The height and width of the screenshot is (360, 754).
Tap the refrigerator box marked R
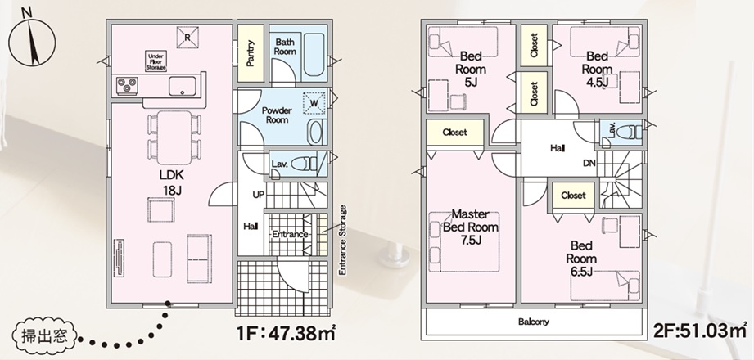coord(187,38)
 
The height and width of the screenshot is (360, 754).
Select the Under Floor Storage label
coord(156,62)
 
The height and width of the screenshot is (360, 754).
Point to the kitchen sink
coord(183,87)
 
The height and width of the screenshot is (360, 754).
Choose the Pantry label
coord(251,53)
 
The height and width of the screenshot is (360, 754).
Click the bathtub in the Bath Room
coord(314,55)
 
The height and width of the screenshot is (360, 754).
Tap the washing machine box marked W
coord(314,103)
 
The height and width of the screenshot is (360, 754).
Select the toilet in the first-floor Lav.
coord(304,164)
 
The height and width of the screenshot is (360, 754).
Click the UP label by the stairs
coord(258,196)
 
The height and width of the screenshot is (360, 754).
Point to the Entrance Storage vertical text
coord(342,241)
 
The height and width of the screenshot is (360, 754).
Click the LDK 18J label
coord(172,182)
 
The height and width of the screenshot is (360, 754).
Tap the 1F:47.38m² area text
coord(286,333)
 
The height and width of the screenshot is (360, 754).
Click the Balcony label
coord(533,322)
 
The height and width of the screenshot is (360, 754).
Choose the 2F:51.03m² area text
coord(700,331)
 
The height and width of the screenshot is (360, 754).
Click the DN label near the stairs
coord(589,164)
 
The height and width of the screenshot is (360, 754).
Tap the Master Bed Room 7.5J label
coord(470,227)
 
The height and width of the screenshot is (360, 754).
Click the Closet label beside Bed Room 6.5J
coord(573,196)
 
